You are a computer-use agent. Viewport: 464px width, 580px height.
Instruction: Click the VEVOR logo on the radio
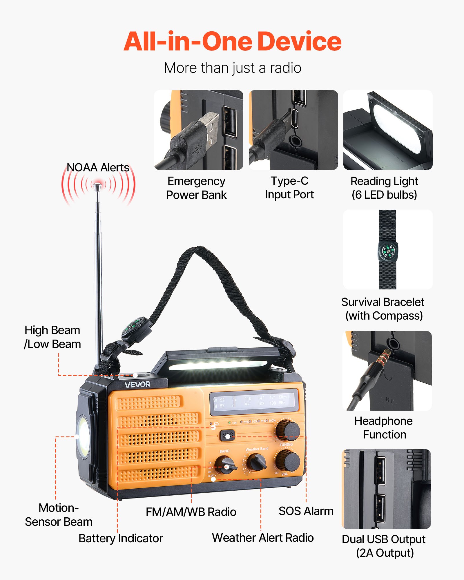click(x=137, y=385)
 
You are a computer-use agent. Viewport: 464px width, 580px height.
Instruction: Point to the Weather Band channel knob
click(x=257, y=462)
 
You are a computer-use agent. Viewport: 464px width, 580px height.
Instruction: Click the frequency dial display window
click(x=254, y=401)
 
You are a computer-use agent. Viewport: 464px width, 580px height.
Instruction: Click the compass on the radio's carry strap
click(x=134, y=327)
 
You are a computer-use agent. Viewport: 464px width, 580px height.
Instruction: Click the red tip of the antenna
click(x=98, y=184)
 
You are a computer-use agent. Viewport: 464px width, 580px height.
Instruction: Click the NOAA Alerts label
click(x=98, y=168)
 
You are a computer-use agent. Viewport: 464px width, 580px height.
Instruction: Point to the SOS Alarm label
click(x=306, y=511)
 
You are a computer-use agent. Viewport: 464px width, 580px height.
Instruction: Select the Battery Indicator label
click(x=121, y=538)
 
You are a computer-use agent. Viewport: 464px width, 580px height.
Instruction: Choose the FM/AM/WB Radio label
click(x=191, y=512)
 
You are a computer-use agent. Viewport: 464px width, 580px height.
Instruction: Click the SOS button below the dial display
click(x=228, y=435)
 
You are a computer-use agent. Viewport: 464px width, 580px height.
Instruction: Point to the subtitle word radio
click(x=286, y=68)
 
